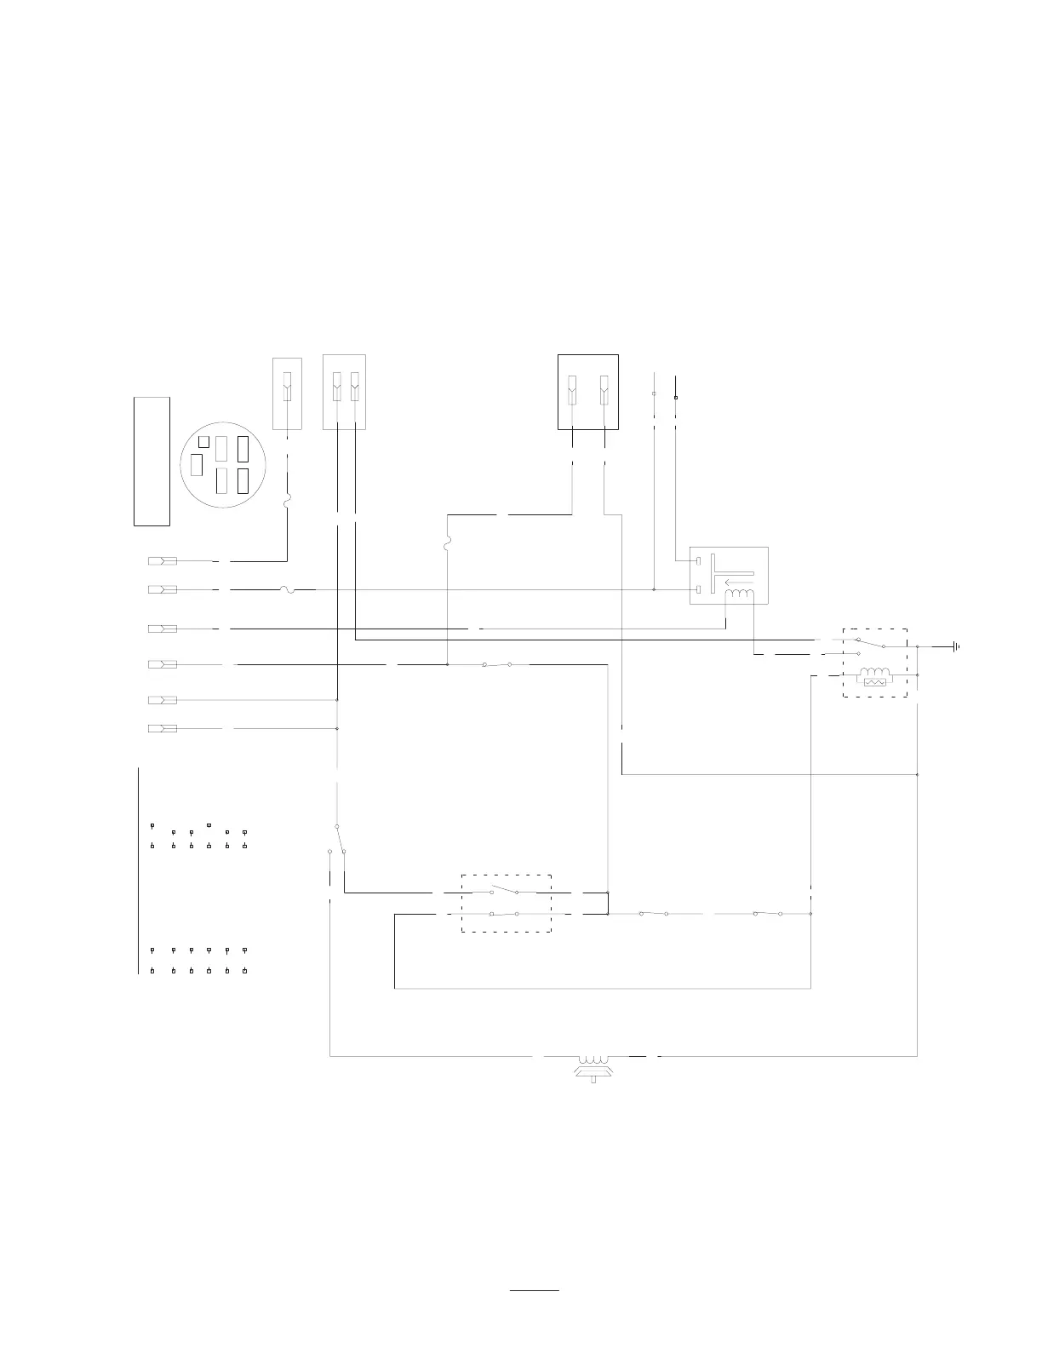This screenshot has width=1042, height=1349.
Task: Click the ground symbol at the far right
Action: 958,646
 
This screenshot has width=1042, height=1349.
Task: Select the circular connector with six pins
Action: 223,465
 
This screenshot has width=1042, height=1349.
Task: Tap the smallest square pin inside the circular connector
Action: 203,441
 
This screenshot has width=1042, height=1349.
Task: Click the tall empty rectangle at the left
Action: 152,461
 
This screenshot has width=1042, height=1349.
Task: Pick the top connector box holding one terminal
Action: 287,393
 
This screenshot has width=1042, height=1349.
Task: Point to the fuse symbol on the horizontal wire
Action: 287,588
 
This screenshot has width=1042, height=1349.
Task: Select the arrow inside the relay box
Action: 737,583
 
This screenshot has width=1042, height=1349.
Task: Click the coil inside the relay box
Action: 740,595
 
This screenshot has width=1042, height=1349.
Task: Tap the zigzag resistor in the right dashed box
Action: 875,682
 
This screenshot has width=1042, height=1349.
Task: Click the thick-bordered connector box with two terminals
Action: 587,392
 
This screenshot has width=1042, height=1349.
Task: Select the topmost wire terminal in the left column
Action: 163,561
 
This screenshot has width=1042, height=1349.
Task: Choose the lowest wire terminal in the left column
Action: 163,728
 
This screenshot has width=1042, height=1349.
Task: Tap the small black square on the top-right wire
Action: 676,398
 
